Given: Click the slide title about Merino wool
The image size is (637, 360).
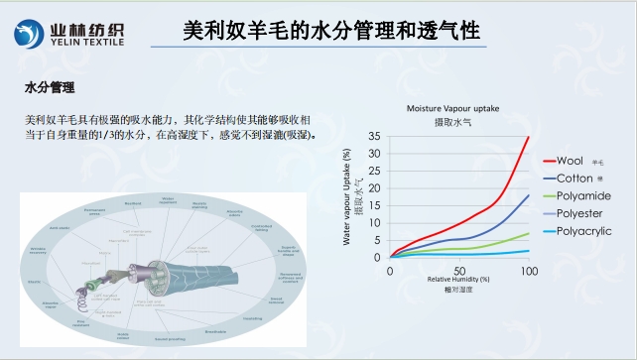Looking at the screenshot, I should tap(332, 33).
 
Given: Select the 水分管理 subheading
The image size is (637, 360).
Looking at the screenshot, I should tap(50, 88).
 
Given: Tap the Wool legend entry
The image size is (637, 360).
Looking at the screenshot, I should tap(569, 160).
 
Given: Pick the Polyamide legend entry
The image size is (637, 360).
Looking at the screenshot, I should tap(582, 195).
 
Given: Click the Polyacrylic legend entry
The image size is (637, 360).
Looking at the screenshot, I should tap(584, 231).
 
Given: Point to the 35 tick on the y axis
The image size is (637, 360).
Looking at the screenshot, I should tap(375, 136).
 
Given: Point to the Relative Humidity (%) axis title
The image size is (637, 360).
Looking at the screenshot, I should tap(459, 280).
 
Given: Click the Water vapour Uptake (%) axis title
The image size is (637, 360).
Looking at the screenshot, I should tap(346, 196).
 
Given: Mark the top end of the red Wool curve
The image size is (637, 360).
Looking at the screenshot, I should tap(529, 137).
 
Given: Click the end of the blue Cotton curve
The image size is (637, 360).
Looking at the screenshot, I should tap(529, 194).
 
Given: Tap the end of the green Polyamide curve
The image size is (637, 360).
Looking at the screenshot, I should tap(529, 233).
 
